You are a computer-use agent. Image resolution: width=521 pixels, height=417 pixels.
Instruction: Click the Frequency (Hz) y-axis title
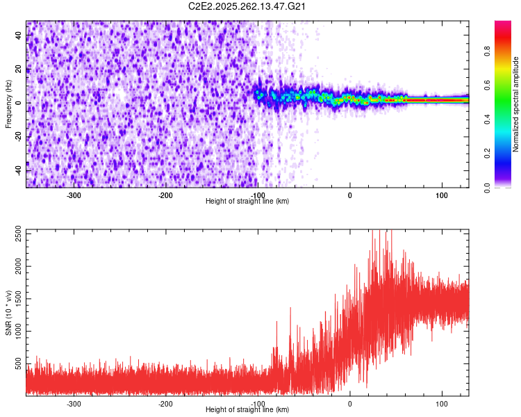[x=8, y=104]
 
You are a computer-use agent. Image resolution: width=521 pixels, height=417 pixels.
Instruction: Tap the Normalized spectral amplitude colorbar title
[x=516, y=104]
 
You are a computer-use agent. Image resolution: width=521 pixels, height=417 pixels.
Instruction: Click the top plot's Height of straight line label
[x=247, y=201]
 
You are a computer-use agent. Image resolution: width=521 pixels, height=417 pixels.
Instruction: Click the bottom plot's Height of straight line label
[x=247, y=409]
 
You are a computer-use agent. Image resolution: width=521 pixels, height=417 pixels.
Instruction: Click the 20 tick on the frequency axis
[x=19, y=69]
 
